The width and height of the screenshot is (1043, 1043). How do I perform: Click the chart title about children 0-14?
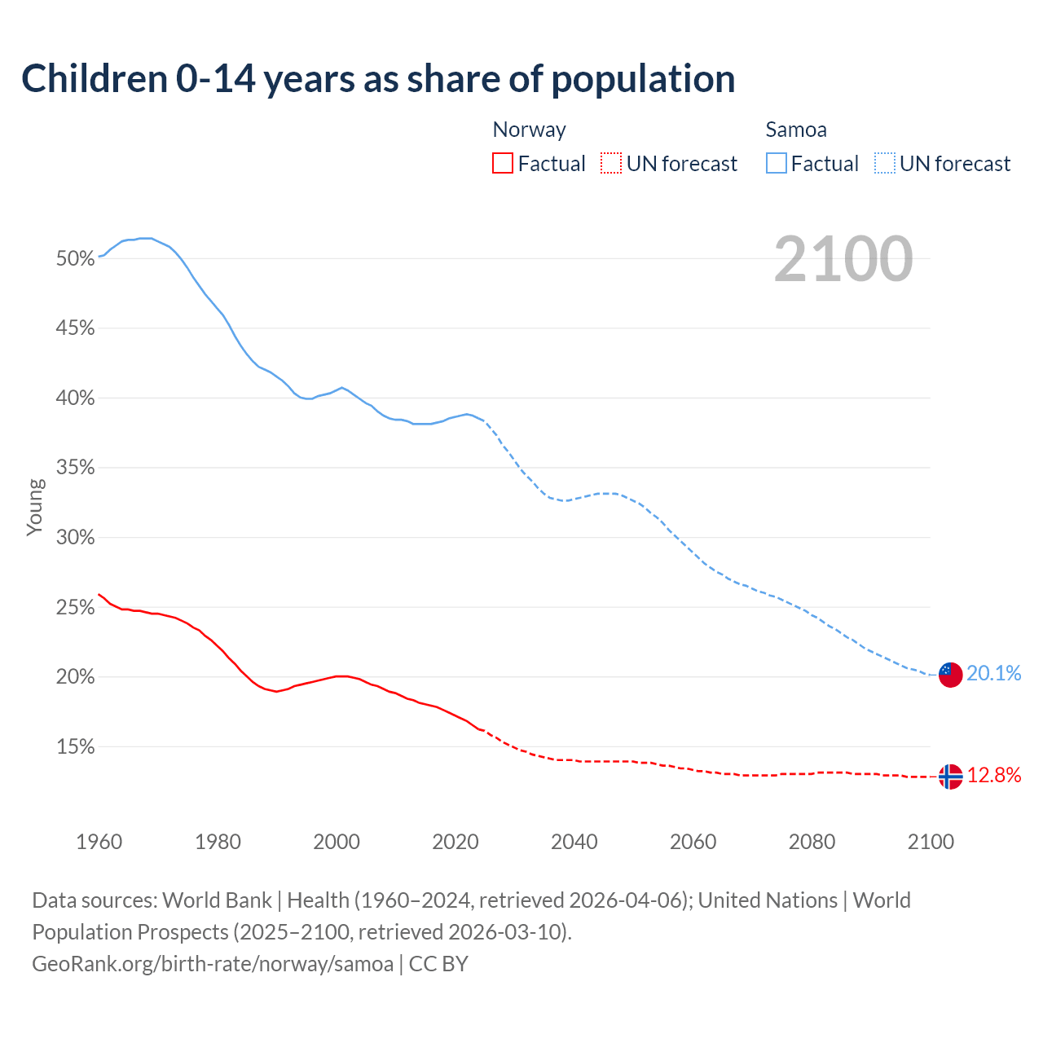pos(378,79)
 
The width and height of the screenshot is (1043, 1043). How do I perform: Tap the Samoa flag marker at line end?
pos(950,675)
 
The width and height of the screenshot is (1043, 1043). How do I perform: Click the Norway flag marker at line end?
pos(950,777)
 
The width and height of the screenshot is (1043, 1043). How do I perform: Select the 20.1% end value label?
pos(993,673)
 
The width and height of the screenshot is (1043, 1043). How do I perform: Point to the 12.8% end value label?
pos(994,775)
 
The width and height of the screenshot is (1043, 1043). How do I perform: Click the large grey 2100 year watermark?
pos(843,259)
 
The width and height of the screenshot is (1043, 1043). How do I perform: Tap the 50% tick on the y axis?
pos(76,259)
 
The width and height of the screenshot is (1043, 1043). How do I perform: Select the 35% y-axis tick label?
pos(76,468)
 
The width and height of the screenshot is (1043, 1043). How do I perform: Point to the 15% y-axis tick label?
pos(76,747)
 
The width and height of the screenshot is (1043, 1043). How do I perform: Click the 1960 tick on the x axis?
pos(99,842)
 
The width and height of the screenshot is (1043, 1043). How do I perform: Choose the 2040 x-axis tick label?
pos(574,842)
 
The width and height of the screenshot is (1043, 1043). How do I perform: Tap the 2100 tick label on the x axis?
pos(931,842)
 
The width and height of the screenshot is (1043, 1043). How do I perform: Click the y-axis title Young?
pos(35,507)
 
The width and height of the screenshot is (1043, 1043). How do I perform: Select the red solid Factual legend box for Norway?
pos(503,164)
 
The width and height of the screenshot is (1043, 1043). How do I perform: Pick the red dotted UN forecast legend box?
pos(611,164)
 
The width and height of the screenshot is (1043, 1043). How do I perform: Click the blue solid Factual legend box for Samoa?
pos(777,164)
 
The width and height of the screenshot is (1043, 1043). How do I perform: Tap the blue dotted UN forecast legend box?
pos(885,164)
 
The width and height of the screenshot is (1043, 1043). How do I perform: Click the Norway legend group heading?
pos(529,130)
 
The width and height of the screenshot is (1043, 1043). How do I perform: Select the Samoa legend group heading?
pos(796,130)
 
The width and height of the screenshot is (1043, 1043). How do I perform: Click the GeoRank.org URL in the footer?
pos(213,964)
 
